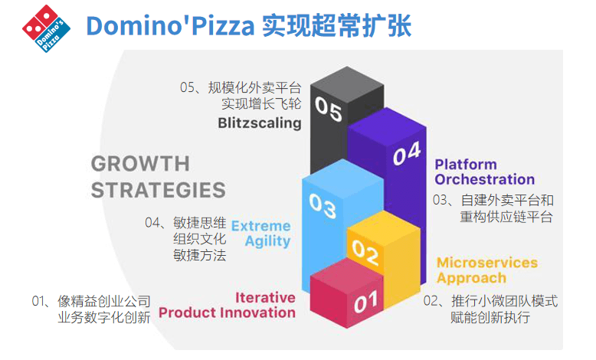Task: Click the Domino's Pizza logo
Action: point(47,28)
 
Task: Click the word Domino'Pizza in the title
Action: point(170,26)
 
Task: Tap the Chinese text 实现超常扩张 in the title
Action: point(337,26)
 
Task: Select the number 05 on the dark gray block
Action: point(329,109)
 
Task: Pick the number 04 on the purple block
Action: point(407,154)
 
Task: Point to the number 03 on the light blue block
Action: point(323,206)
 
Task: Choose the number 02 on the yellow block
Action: point(365,252)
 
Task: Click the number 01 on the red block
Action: point(365,303)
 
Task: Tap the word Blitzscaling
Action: point(260,123)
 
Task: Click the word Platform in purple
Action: point(466,164)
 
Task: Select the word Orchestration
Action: point(485,179)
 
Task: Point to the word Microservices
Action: point(487,262)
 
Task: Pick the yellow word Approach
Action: point(471,278)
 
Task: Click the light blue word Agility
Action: point(267,241)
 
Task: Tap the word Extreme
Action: point(260,226)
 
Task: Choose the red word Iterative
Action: point(265,297)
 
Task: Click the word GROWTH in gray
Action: point(140,164)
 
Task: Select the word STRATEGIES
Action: point(158,190)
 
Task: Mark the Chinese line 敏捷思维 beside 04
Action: point(199,223)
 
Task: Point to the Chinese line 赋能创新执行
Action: point(490,317)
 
